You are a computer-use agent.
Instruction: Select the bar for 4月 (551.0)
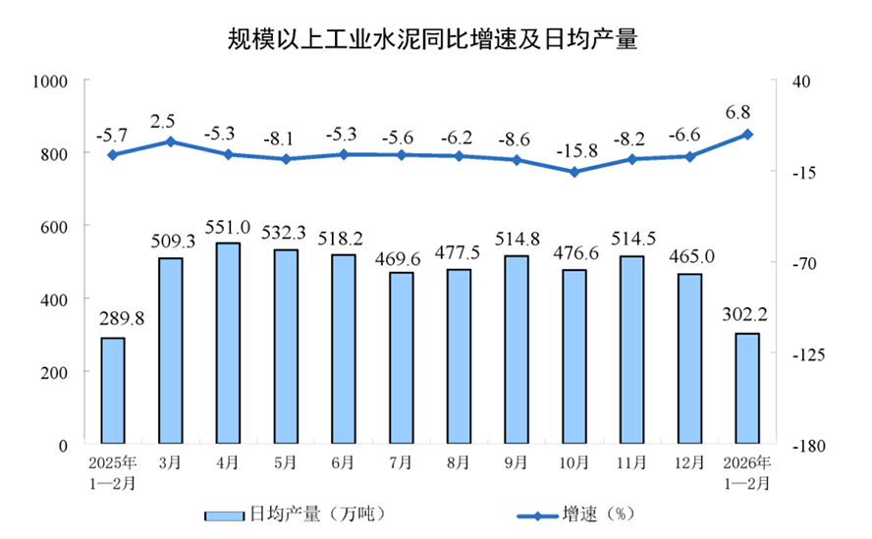228,344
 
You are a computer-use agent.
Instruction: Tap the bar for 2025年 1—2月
113,391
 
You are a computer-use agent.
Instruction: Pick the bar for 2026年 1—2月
747,389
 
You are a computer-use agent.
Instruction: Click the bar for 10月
574,356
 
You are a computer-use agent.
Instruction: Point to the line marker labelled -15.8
574,172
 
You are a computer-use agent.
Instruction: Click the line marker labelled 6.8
747,135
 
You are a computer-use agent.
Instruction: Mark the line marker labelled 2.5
170,141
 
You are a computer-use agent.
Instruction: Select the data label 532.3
286,233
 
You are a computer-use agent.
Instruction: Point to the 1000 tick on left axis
46,81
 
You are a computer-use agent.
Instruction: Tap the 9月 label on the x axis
518,462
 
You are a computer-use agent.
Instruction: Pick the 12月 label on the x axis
690,462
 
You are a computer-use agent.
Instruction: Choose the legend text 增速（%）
600,513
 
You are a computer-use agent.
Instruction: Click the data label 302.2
747,316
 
